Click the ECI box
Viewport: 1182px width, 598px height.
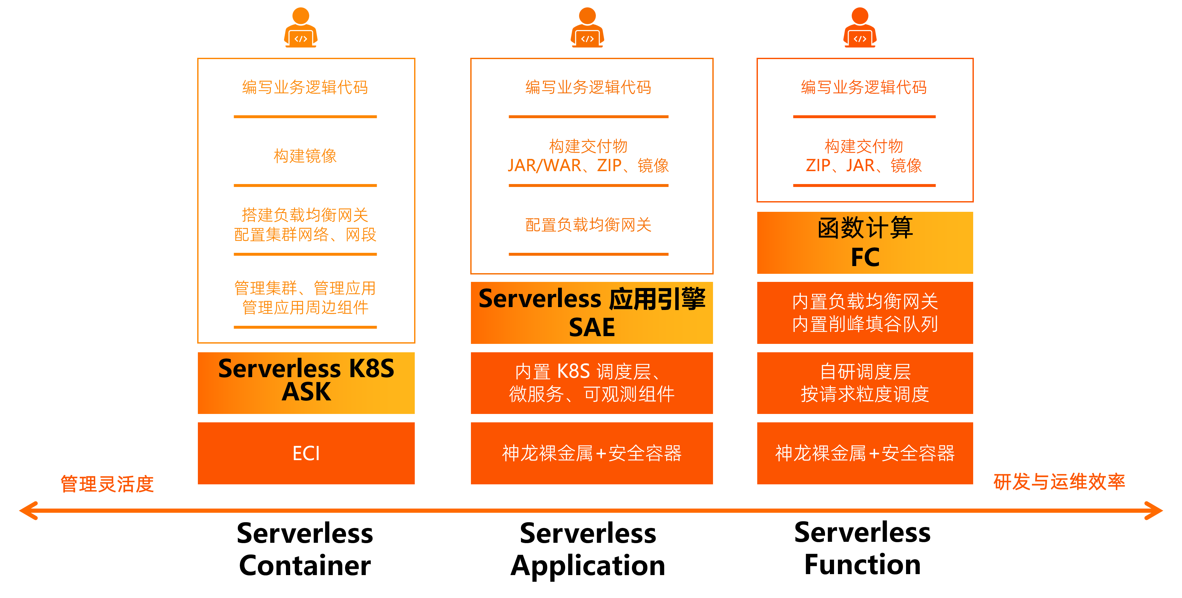point(306,453)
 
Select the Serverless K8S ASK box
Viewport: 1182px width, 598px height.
point(306,383)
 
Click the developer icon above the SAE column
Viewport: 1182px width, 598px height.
point(587,27)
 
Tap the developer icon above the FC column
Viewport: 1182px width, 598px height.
point(860,27)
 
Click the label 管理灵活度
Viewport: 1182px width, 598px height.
point(107,484)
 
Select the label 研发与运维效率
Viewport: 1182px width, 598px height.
point(1059,482)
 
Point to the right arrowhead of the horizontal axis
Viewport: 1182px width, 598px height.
point(1154,510)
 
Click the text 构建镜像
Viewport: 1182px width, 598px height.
point(305,156)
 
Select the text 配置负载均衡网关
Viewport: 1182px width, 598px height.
point(588,225)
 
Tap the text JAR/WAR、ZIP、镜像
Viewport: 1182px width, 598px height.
point(588,165)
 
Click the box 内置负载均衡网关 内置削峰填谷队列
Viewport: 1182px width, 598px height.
point(865,313)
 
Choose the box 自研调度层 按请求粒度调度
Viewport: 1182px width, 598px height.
point(865,383)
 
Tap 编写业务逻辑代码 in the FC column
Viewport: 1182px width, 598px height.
point(864,87)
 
